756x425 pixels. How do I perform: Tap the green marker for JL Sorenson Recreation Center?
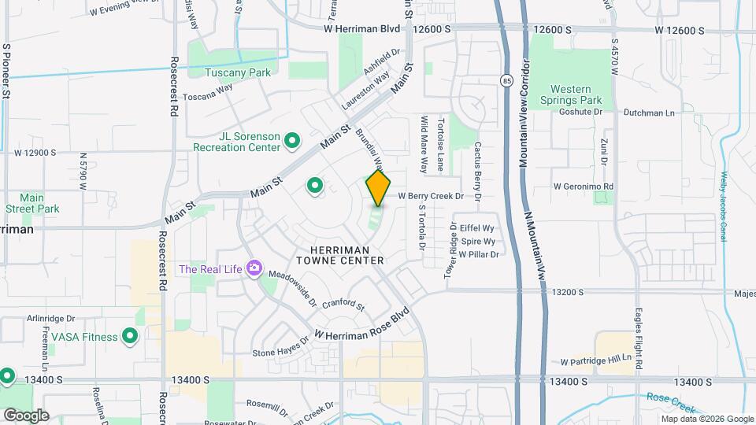292,142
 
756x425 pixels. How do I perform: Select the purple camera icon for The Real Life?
254,269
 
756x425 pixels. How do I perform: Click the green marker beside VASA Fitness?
130,337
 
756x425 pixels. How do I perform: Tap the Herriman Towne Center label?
340,254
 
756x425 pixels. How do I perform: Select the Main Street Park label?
31,203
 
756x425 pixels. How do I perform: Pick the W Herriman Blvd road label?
361,28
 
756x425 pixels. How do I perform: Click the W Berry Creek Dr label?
439,195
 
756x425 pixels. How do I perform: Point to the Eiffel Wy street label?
477,227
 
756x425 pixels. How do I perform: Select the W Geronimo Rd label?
583,187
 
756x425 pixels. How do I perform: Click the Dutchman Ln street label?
649,113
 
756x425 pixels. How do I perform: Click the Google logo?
26,415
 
